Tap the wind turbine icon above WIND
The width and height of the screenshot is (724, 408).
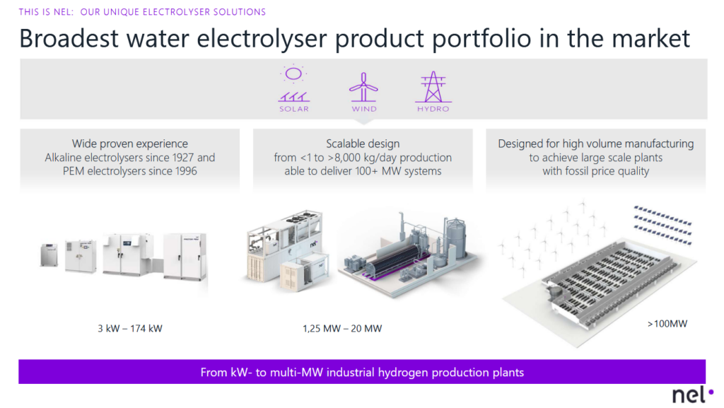[364, 87]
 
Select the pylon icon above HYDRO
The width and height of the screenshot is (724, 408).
[432, 87]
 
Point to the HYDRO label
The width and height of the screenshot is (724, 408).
[432, 109]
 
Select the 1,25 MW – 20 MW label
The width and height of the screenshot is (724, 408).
[343, 328]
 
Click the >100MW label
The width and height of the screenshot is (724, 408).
[667, 324]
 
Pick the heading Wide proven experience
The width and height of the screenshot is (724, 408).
[130, 144]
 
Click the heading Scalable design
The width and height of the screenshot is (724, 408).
[363, 144]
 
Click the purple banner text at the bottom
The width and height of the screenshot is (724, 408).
[362, 371]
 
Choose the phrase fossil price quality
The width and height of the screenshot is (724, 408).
[596, 171]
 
